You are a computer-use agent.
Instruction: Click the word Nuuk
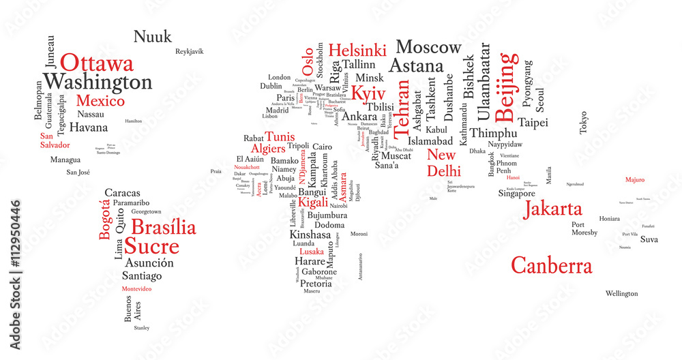153,37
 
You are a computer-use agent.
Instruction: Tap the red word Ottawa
97,63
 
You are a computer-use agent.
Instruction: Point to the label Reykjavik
190,52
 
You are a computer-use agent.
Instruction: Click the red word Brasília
163,228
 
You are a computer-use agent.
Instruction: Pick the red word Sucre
154,247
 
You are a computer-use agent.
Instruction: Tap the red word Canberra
552,265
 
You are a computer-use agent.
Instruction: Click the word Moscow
428,48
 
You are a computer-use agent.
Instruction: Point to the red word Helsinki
357,50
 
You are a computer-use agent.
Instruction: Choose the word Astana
416,66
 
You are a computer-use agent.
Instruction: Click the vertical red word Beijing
506,80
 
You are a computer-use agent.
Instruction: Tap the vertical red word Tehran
404,106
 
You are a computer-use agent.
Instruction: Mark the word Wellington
622,294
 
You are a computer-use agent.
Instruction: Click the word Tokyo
583,122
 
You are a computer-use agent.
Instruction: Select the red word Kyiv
368,94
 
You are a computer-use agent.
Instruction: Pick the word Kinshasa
310,235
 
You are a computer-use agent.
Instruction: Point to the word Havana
89,127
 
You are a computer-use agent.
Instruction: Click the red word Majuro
635,180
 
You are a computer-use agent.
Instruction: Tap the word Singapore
516,194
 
